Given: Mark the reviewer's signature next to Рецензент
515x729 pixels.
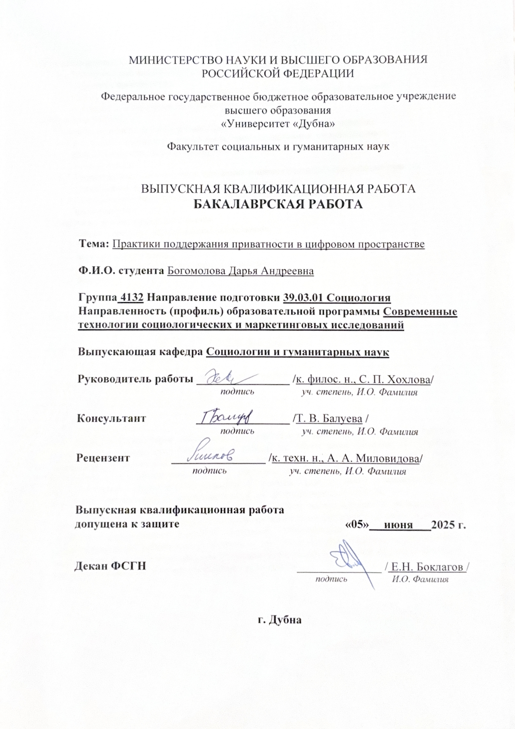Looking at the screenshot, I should (212, 455).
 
